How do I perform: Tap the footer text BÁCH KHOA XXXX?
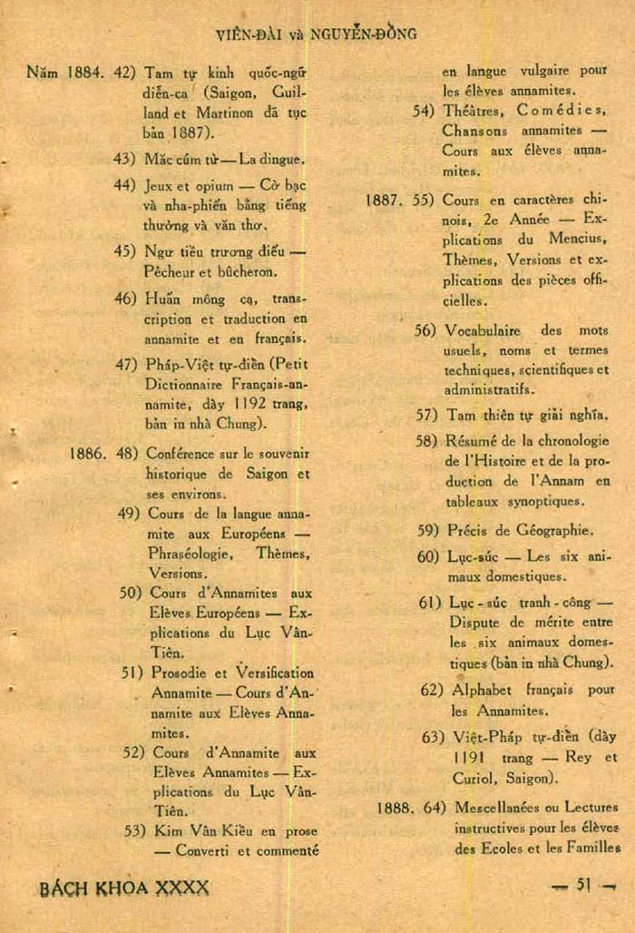124,888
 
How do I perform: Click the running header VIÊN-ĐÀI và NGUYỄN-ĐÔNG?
317,34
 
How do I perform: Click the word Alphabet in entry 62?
481,690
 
